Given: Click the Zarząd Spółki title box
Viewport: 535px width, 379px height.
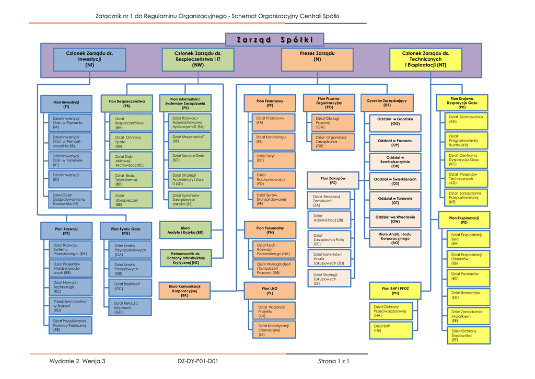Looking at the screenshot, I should coord(274,40).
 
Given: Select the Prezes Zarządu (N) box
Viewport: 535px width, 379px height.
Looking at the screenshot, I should coord(317,59).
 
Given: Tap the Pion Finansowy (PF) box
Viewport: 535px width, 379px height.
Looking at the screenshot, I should coord(270,103).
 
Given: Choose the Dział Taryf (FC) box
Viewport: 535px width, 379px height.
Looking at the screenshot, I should coord(274,159).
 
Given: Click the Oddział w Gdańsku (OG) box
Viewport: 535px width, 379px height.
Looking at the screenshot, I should coord(396,122).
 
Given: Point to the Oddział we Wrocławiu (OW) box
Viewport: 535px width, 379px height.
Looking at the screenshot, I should coord(395,219).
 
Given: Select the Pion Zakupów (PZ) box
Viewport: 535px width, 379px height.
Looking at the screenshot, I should coord(333,180).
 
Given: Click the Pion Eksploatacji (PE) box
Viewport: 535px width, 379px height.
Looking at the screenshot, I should coord(464,220).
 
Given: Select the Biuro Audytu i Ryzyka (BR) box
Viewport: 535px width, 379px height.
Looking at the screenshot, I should coord(185,229).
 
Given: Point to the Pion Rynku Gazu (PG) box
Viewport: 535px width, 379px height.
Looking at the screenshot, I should coord(125,231).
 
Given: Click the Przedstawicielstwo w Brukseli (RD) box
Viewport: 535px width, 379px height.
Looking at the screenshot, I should coord(72,306).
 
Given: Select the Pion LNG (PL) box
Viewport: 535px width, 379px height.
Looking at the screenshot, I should coord(270,291).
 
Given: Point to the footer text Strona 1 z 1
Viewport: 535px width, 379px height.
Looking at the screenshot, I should coord(333,361).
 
